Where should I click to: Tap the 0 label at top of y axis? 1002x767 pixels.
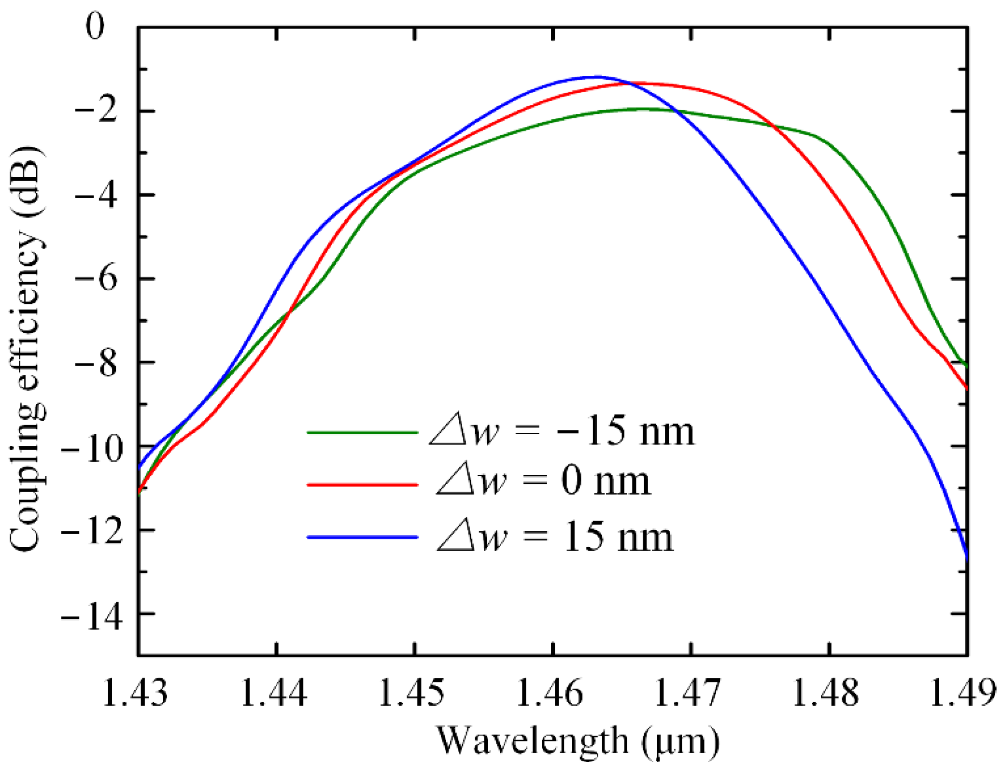(x=95, y=27)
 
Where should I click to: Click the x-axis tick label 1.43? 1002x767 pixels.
(x=136, y=693)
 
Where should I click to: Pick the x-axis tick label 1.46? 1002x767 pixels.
(x=550, y=693)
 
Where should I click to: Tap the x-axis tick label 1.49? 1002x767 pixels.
(x=963, y=693)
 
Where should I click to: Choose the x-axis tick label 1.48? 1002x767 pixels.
(x=826, y=693)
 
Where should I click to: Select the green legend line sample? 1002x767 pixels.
(x=362, y=432)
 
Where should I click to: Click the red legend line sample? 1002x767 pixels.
(x=362, y=484)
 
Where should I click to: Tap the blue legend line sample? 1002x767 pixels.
(x=362, y=537)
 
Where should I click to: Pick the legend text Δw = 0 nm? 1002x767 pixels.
(x=543, y=483)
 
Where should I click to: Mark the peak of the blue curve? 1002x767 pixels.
(x=597, y=76)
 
